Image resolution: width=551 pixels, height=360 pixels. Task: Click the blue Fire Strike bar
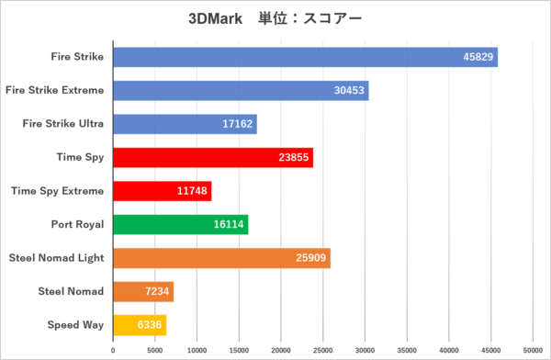pos(306,57)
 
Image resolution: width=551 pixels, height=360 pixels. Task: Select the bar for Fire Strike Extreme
pos(241,90)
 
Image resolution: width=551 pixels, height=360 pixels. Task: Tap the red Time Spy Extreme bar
pos(163,191)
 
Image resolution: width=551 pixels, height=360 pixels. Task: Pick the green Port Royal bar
pos(181,224)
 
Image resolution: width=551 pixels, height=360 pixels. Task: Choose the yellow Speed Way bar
pos(140,325)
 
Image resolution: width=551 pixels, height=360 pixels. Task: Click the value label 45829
pos(478,57)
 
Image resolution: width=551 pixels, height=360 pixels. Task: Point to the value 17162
pos(237,124)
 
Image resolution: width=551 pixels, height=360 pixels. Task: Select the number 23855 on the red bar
pos(294,157)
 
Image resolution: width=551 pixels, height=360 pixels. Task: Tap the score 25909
pos(310,258)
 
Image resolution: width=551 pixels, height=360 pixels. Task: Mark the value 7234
pos(157,291)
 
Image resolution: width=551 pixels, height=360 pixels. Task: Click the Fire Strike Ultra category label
pos(63,123)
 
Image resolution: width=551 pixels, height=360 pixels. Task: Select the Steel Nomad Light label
pos(57,258)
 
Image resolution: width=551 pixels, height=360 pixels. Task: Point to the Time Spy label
pos(81,157)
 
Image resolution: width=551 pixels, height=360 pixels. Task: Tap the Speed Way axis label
pos(76,325)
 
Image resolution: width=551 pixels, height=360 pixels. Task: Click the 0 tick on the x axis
pos(113,350)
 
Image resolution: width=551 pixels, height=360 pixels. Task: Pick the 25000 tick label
pos(323,350)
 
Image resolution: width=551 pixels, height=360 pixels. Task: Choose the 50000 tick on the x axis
pos(533,350)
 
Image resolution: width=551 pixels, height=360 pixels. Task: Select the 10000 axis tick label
pos(197,350)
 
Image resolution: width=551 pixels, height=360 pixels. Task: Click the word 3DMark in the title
pos(216,18)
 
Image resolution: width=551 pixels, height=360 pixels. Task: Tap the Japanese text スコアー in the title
pos(332,18)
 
